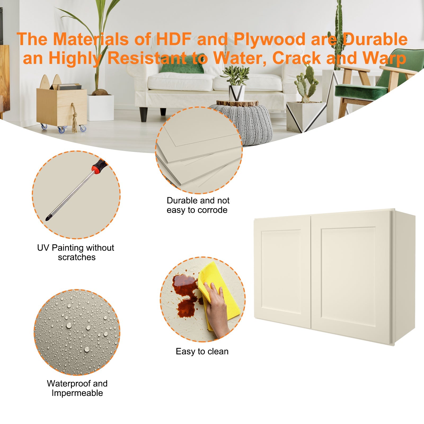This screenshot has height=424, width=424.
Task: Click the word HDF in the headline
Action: point(173,39)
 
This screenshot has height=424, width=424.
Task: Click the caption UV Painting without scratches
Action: point(76,252)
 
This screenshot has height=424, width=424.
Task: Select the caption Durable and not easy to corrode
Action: point(198,205)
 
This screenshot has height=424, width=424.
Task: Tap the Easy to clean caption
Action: point(202,351)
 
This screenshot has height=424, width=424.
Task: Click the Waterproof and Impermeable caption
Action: point(77,388)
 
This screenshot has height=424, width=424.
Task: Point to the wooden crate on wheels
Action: point(61,106)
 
